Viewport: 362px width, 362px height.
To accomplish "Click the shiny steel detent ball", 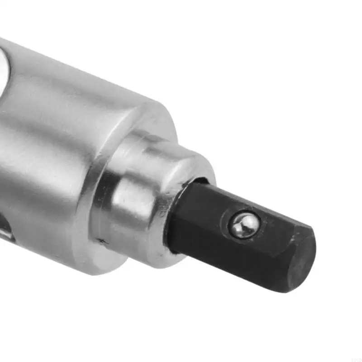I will (x=243, y=225).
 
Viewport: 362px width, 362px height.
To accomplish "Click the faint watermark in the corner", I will (x=356, y=358).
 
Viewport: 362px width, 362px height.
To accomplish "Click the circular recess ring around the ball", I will (x=235, y=231).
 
